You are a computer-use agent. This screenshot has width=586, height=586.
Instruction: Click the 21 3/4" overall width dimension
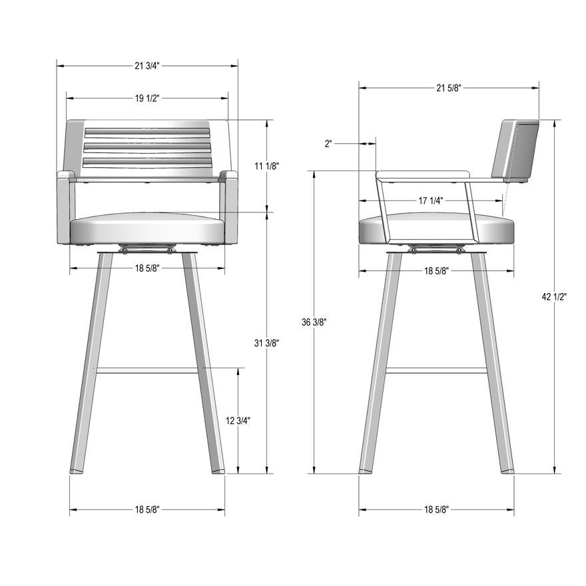pos(147,66)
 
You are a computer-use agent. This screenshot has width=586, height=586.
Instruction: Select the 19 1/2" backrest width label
pos(147,99)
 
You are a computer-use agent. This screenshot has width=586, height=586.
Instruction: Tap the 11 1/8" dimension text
pos(267,166)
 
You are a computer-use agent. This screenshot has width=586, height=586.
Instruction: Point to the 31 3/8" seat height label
pos(267,343)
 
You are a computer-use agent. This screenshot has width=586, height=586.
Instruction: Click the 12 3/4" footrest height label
pos(238,420)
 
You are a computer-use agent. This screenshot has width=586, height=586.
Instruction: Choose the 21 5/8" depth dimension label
pos(449,88)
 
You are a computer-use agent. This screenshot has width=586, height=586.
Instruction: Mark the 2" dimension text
pos(328,144)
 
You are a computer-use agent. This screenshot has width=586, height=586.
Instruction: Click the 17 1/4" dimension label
pos(431,200)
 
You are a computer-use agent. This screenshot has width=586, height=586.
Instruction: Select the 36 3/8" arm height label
pos(314,322)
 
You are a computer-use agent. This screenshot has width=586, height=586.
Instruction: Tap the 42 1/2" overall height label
pos(555,297)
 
